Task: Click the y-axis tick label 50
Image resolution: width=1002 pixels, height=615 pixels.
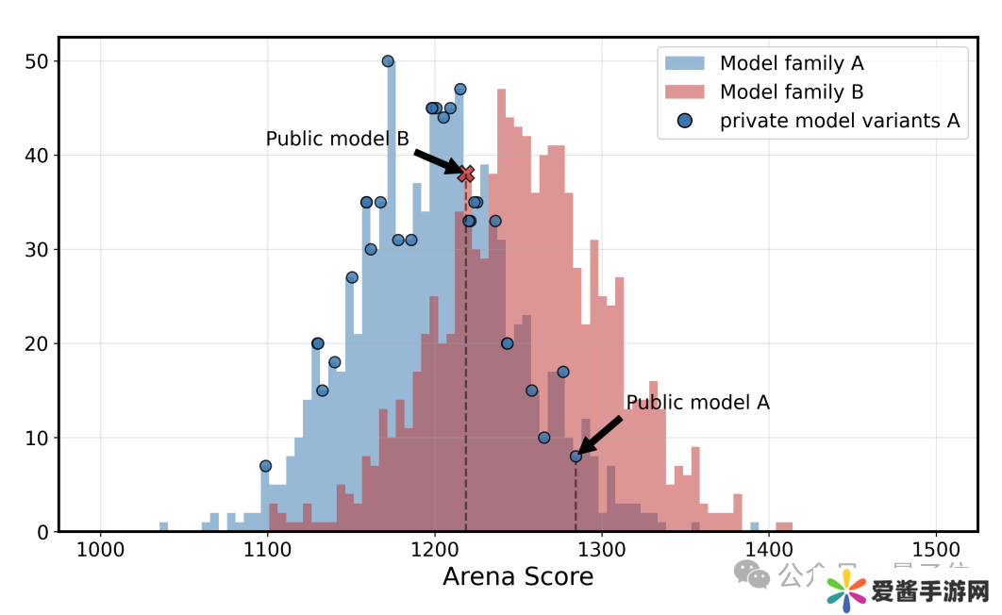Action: [x=37, y=61]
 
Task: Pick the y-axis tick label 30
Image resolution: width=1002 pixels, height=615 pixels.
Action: [x=37, y=250]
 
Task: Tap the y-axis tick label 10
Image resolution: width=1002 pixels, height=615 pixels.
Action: [x=37, y=438]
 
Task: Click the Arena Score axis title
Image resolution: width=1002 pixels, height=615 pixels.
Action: [x=518, y=576]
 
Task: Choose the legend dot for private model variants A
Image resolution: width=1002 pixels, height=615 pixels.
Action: [x=686, y=121]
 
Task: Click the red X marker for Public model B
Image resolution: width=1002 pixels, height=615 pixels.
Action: [x=466, y=174]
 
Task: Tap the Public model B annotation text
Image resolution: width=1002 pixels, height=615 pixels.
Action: [x=337, y=139]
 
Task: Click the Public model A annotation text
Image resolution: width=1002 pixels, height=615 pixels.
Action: [x=698, y=403]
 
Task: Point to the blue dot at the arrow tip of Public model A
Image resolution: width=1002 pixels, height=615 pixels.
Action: [x=576, y=457]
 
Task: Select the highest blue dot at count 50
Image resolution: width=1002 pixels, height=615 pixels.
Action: [x=388, y=61]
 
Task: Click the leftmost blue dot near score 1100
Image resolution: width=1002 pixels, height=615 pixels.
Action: [x=265, y=466]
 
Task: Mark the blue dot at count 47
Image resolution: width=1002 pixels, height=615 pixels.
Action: [x=460, y=90]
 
